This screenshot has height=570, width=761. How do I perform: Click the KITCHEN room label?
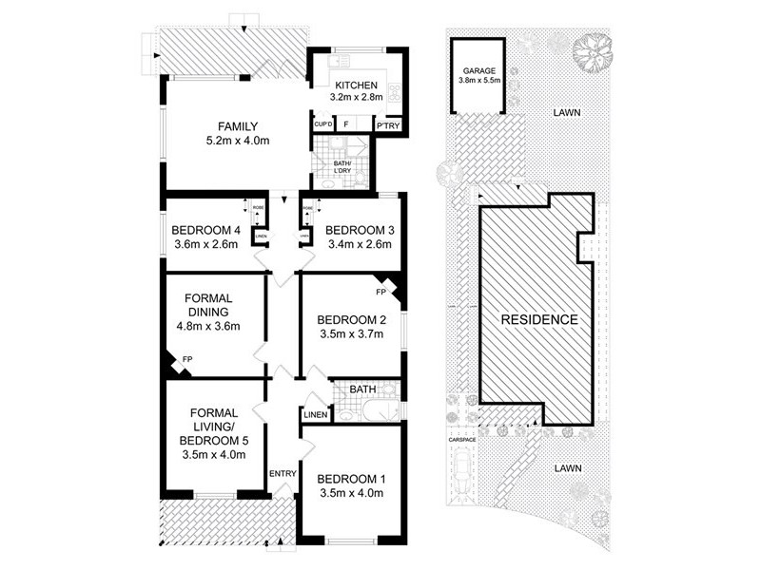pyautogui.click(x=355, y=82)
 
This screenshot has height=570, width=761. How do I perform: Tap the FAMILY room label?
pyautogui.click(x=238, y=125)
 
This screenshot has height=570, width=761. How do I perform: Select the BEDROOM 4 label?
pyautogui.click(x=206, y=230)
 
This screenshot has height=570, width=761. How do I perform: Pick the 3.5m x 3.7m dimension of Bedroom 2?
pyautogui.click(x=349, y=334)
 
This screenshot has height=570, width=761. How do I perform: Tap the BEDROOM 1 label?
pyautogui.click(x=349, y=478)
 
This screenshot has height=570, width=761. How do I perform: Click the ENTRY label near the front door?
pyautogui.click(x=283, y=474)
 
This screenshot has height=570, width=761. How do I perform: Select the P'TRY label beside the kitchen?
pyautogui.click(x=387, y=125)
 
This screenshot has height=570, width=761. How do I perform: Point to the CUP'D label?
pyautogui.click(x=322, y=125)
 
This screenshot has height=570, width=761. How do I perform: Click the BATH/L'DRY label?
pyautogui.click(x=341, y=166)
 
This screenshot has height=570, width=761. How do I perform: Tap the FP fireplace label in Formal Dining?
pyautogui.click(x=186, y=360)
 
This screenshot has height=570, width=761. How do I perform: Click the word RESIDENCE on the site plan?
pyautogui.click(x=539, y=320)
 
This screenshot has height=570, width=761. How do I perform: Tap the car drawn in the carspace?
pyautogui.click(x=462, y=469)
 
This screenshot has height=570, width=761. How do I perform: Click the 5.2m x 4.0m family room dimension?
pyautogui.click(x=238, y=141)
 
